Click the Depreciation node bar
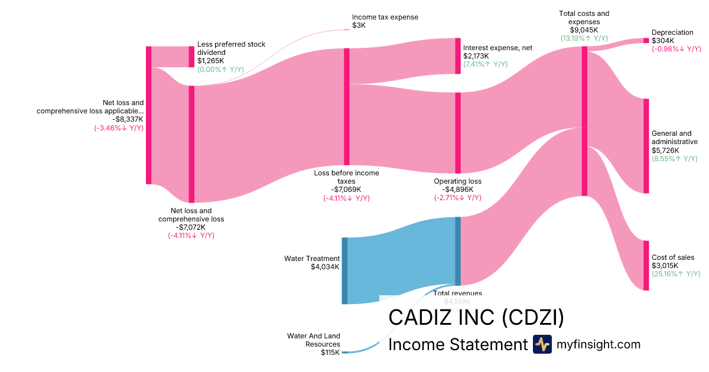pos(646,41)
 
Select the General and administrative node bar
pos(646,146)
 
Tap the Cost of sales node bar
pos(646,265)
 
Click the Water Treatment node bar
pos(344,270)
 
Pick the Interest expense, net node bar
pos(458,56)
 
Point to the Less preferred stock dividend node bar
pos(191,57)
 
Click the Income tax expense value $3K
pos(359,25)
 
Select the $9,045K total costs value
pos(584,30)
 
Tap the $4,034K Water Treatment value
pos(325,267)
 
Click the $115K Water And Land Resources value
pos(330,353)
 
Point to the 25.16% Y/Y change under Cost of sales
pos(676,274)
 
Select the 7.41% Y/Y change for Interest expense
pos(485,64)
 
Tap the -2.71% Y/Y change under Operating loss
pos(458,198)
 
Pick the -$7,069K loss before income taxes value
pos(346,190)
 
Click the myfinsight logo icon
pos(542,344)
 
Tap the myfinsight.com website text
pos(599,344)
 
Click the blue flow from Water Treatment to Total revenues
pos(402,263)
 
